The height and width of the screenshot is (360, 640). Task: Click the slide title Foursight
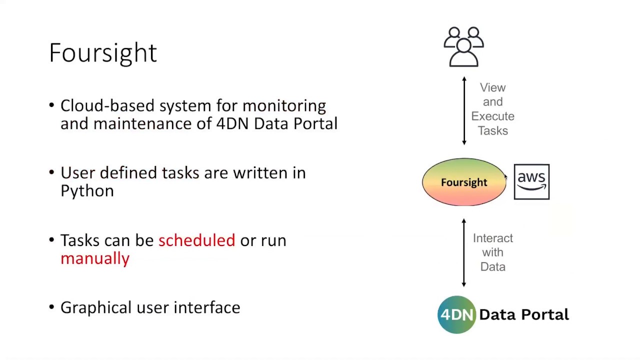pyautogui.click(x=103, y=52)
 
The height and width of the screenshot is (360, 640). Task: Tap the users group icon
pyautogui.click(x=463, y=47)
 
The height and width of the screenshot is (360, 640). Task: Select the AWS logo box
pyautogui.click(x=531, y=181)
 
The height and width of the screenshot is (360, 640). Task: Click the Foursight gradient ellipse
pyautogui.click(x=463, y=182)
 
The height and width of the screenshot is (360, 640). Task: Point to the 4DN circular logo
pyautogui.click(x=456, y=314)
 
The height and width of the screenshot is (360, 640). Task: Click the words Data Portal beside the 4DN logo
pyautogui.click(x=523, y=314)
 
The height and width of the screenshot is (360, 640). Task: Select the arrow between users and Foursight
pyautogui.click(x=464, y=110)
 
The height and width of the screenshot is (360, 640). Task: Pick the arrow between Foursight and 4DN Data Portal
pyautogui.click(x=464, y=252)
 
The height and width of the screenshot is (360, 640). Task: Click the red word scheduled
pyautogui.click(x=196, y=240)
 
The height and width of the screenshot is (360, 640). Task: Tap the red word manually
pyautogui.click(x=95, y=258)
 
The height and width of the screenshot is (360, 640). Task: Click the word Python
pyautogui.click(x=87, y=191)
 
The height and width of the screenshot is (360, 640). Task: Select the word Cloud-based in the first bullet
pyautogui.click(x=107, y=106)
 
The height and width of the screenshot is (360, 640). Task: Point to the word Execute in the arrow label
pyautogui.click(x=492, y=116)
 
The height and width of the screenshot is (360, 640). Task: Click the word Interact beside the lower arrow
pyautogui.click(x=492, y=238)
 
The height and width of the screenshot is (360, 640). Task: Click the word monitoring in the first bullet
pyautogui.click(x=284, y=106)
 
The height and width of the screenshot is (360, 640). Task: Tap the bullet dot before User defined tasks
pyautogui.click(x=51, y=172)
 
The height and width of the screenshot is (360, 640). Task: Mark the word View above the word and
pyautogui.click(x=492, y=87)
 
